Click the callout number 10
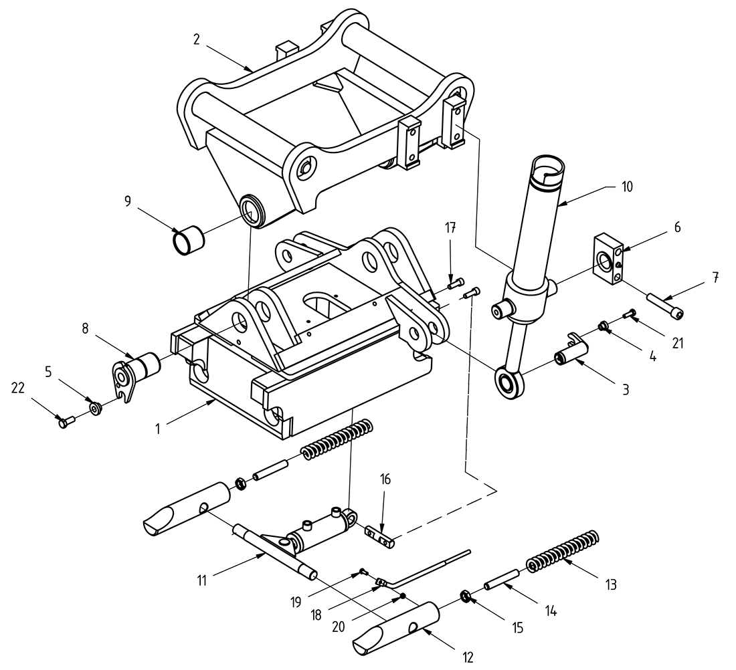pyautogui.click(x=627, y=186)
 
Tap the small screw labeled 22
pyautogui.click(x=65, y=423)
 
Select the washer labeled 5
pyautogui.click(x=96, y=407)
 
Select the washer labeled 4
pyautogui.click(x=604, y=326)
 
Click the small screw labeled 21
pyautogui.click(x=628, y=312)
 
